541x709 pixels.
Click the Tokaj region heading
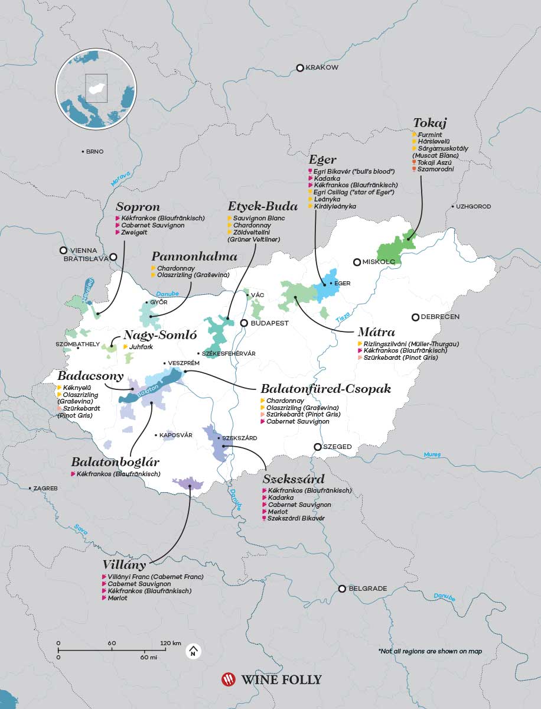point(430,123)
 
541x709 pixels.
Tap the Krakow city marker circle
point(300,68)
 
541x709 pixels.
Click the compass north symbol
point(192,651)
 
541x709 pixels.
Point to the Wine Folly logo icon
point(228,679)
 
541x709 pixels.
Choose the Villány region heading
point(124,564)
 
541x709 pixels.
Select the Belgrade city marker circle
point(342,588)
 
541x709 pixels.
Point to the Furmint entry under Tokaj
point(429,135)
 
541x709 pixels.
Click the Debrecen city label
point(440,317)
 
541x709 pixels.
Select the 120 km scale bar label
point(170,643)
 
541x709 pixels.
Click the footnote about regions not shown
point(430,651)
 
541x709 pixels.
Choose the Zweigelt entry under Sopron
point(136,233)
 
